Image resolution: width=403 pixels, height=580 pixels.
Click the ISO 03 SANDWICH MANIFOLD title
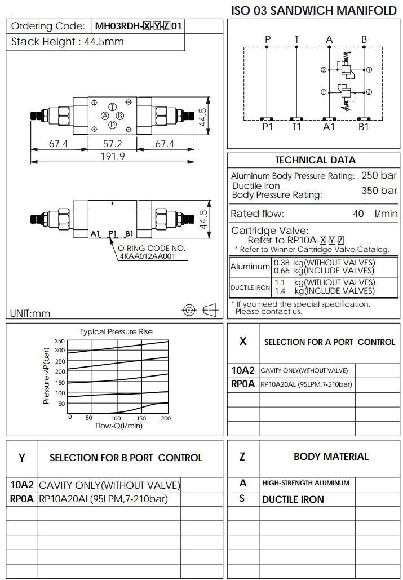pos(314,10)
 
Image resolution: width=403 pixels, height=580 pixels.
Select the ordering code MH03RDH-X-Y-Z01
pos(138,26)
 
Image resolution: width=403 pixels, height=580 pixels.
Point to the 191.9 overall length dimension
pos(112,157)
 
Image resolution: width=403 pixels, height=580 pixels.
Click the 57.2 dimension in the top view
pos(112,144)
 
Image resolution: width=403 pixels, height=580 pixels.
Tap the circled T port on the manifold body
pos(112,107)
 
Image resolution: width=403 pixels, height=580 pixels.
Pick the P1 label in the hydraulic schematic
pos(267,127)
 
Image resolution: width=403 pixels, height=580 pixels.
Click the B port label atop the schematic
pos(364,39)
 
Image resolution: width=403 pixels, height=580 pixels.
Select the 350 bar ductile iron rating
pos(379,191)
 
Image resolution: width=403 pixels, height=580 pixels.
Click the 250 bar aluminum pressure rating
pos(379,175)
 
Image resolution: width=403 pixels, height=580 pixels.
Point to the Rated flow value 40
pos(358,214)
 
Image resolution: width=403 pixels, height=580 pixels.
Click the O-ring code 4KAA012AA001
pos(147,256)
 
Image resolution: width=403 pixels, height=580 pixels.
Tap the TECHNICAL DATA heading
pos(315,160)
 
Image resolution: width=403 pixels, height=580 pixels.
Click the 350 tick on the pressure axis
pos(60,341)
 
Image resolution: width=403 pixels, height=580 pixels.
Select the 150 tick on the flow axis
pos(141,418)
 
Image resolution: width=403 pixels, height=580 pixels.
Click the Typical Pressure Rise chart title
pos(116,331)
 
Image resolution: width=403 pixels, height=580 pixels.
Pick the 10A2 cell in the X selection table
pos(243,370)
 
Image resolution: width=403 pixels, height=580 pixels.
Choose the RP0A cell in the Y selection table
pos(22,499)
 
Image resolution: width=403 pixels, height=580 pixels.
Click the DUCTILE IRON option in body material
pos(293,499)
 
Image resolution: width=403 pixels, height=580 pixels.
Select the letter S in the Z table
pos(242,499)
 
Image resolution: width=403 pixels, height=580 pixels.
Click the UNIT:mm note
pos(30,313)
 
